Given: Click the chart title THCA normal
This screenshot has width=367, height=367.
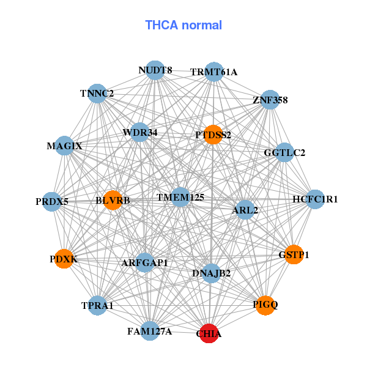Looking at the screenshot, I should pos(183,25).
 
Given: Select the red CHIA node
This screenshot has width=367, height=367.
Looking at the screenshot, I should pos(209,333).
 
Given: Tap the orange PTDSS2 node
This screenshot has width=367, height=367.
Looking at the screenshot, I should pos(213,135).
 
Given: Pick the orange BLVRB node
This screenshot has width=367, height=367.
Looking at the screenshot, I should pos(113,200).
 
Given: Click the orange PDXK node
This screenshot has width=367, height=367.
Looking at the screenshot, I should pos(64,259).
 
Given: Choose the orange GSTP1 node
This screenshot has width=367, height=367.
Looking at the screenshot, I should pos(294,254).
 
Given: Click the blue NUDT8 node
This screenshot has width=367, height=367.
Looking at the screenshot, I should pos(155,70).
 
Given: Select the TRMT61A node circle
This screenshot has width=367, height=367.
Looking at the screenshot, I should pos(213,72).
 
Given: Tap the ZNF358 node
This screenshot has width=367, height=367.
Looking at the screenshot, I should pos(270,100).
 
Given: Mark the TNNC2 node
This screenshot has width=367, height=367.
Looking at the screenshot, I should pos(97,94).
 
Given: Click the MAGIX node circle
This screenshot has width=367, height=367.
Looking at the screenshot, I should pos(64,146).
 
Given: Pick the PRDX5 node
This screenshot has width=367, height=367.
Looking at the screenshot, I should pos(52,201).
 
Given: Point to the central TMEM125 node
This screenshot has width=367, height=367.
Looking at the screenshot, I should pos(180,197).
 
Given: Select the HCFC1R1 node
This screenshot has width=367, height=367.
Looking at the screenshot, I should pos(315,199).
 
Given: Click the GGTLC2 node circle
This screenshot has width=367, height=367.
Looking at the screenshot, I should pos(284,152).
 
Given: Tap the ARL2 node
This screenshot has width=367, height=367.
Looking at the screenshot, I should pos(245,210).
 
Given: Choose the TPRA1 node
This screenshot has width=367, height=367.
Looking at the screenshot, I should pos(98,305).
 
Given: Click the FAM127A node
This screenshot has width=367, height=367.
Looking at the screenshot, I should pos(150,332).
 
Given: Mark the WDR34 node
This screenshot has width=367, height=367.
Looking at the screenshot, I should pos(140,132).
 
